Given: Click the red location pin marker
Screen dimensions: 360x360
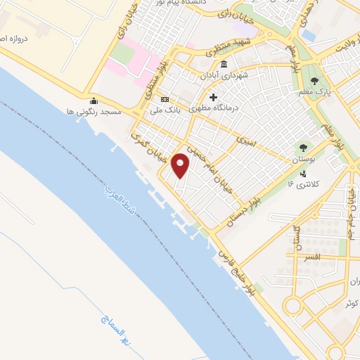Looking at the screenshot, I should (x=181, y=165).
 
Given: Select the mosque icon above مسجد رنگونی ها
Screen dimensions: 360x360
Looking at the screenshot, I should (x=94, y=100).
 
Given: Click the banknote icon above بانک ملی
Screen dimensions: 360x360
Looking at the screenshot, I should (x=165, y=100).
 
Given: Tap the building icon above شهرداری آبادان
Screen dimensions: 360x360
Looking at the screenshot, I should (x=224, y=65).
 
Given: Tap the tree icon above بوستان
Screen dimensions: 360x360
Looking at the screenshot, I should (x=303, y=148).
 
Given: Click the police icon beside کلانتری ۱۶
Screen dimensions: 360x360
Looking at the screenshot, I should (x=303, y=174).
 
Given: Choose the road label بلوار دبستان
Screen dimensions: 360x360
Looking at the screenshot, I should (x=245, y=208).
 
